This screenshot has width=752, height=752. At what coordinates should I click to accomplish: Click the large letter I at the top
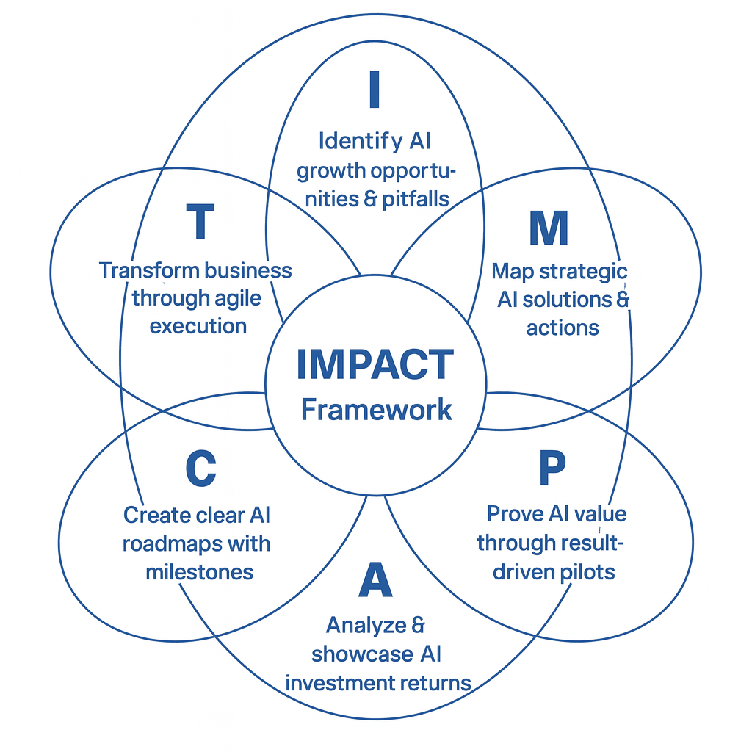pos(375,90)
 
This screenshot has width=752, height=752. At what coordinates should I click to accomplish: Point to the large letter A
pos(375,580)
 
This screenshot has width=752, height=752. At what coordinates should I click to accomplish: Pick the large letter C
pos(200,469)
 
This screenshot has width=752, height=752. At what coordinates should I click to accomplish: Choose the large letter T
pos(200,221)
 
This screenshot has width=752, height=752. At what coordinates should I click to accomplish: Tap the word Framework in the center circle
pos(376,409)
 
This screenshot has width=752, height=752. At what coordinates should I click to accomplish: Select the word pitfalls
pos(416,199)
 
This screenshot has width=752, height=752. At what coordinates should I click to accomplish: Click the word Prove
pos(514,513)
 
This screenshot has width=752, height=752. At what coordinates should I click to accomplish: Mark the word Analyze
pos(366,625)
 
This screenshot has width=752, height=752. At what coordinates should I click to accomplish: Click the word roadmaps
pos(175,544)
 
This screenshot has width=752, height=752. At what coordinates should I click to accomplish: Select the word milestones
pos(199,572)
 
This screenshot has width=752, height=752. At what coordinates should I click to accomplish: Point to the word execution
pos(198,326)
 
